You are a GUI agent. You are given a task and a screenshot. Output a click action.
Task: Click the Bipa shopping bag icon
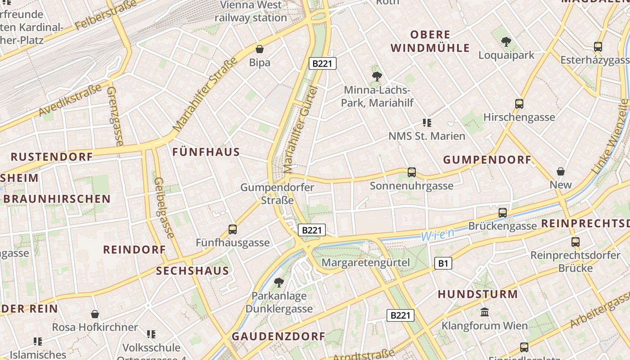(260, 49)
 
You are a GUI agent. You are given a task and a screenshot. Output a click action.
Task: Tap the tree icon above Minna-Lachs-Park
(377, 76)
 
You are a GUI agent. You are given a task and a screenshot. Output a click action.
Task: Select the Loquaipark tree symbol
(506, 42)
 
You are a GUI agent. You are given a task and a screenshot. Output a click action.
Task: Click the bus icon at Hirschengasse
(519, 104)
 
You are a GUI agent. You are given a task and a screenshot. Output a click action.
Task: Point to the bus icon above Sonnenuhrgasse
(411, 172)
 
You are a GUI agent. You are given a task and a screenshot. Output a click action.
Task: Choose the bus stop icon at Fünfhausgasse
(232, 229)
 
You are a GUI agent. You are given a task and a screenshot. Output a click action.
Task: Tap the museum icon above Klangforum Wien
(485, 312)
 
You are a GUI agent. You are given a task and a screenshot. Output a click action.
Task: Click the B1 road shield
(443, 263)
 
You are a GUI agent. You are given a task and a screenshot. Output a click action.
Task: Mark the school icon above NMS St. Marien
(427, 122)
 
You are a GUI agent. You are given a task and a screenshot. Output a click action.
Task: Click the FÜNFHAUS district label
(206, 152)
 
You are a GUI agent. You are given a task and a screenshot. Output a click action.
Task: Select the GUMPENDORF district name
(487, 160)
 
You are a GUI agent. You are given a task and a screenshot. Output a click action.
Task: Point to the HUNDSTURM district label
(478, 294)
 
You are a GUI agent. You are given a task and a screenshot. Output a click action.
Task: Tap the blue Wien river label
(437, 234)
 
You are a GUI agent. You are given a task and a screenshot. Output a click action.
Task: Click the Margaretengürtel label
(366, 262)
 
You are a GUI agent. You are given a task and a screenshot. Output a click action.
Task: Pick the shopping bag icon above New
(560, 171)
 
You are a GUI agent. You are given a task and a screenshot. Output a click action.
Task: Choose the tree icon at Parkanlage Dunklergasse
(279, 283)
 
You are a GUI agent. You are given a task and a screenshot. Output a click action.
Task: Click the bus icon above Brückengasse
(503, 212)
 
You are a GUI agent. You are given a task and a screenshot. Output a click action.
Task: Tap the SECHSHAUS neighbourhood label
(193, 271)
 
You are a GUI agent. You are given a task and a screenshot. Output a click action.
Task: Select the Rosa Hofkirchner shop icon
(95, 314)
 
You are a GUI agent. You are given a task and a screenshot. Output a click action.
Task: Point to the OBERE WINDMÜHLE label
(430, 41)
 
